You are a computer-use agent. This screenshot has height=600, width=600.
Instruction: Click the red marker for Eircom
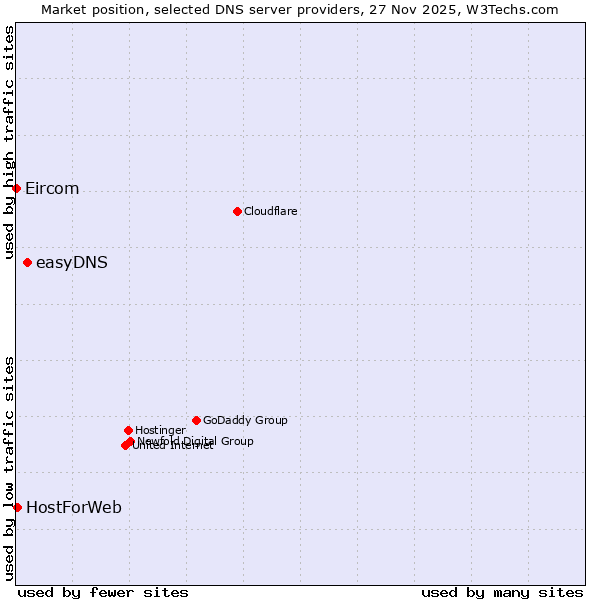[16, 188]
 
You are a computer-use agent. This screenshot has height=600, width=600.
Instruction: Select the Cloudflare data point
[237, 211]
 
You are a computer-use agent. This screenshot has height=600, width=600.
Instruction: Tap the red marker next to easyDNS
[27, 262]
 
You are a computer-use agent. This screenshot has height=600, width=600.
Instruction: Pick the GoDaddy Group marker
[196, 420]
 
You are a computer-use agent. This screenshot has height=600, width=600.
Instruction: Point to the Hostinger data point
[128, 430]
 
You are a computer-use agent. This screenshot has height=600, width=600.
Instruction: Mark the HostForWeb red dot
[17, 507]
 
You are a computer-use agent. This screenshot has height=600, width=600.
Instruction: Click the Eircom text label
[52, 189]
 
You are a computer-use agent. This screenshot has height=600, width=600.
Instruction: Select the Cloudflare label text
[270, 211]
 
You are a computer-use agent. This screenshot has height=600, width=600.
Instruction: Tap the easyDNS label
[72, 263]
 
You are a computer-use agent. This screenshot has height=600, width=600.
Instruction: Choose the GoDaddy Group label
[245, 420]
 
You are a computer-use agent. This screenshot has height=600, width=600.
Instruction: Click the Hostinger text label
[160, 430]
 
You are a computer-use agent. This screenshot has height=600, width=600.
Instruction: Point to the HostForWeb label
[74, 508]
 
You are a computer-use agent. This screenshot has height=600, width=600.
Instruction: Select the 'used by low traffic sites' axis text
[9, 468]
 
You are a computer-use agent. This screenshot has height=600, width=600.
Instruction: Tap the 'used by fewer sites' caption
[103, 592]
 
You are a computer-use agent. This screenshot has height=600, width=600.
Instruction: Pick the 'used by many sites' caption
[502, 592]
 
